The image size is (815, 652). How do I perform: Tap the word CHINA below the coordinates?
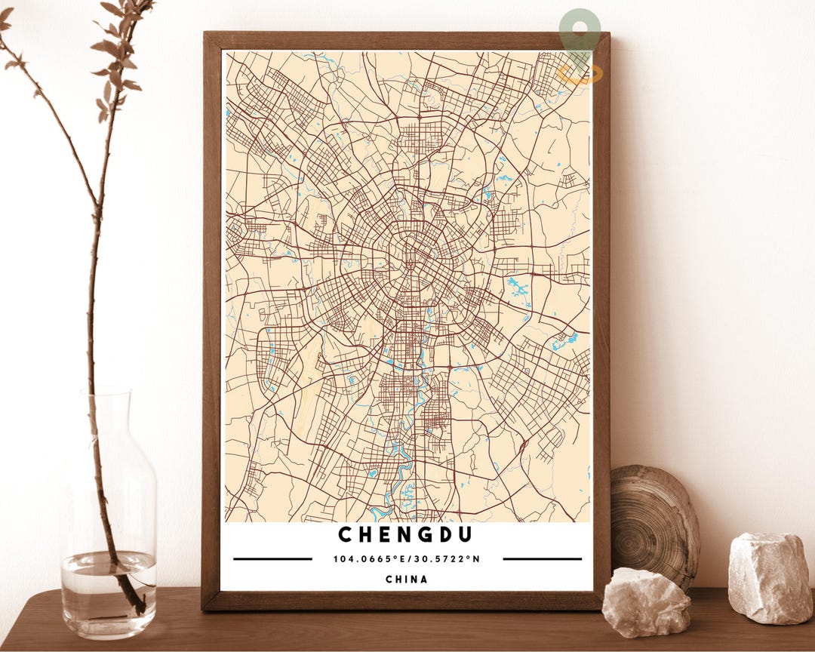point(407,580)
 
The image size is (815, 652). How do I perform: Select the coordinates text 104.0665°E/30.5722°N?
point(407,559)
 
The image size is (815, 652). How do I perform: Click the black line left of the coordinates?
point(272,559)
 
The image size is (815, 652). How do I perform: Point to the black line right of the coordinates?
point(542,559)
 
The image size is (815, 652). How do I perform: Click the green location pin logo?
point(580,34)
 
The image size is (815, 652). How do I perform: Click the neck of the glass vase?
point(108,423)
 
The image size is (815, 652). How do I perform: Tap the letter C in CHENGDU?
point(344,534)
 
